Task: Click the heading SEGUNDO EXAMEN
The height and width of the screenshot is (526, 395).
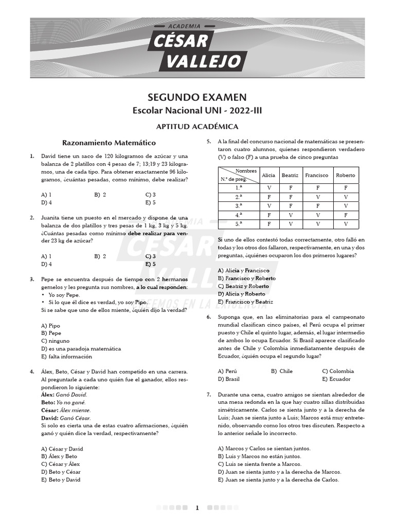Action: (197, 97)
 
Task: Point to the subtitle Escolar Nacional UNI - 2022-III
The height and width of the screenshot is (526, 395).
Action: (197, 110)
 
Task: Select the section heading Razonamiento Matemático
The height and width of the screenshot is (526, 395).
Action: (109, 142)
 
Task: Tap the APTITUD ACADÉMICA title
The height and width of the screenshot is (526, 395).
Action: (197, 126)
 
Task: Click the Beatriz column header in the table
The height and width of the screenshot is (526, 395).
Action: (290, 175)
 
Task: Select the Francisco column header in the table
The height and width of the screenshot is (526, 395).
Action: (316, 175)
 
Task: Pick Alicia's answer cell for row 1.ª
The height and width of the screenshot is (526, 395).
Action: (269, 188)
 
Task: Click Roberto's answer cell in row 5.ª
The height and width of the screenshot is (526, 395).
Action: (346, 224)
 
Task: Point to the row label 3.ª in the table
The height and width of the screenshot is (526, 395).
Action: (239, 206)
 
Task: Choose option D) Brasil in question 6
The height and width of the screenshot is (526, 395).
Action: (229, 379)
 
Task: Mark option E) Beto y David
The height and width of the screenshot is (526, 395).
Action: (60, 480)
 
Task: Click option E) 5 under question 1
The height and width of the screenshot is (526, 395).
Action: (150, 202)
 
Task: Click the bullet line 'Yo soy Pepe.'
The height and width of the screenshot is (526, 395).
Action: (63, 295)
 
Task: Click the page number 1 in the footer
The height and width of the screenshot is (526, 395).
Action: (197, 508)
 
